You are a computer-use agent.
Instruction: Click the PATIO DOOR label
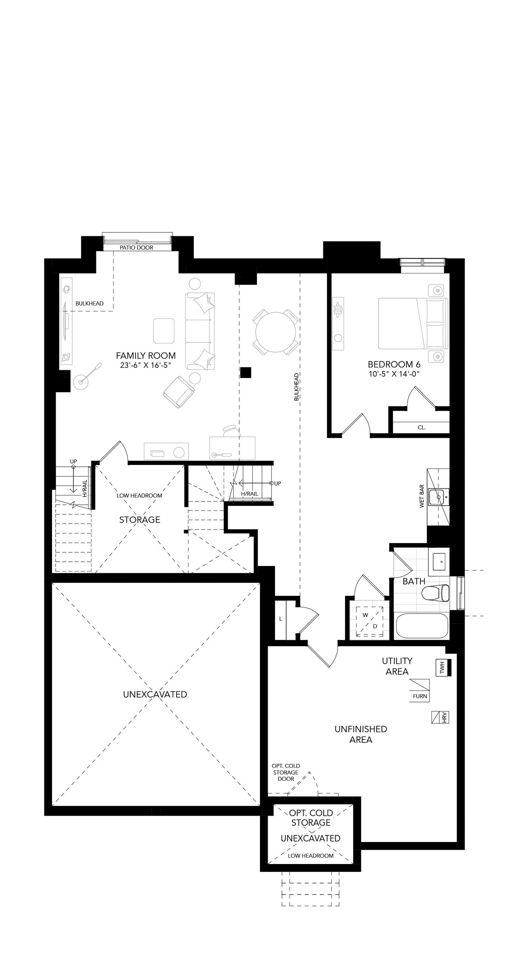(x=136, y=248)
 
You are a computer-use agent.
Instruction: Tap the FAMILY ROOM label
(x=146, y=356)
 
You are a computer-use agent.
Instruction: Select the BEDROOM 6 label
(x=394, y=364)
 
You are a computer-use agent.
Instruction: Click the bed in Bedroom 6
(x=413, y=323)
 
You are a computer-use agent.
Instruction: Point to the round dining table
(x=276, y=332)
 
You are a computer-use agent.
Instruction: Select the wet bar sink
(x=439, y=497)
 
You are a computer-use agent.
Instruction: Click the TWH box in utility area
(x=443, y=668)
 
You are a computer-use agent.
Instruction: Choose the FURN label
(x=420, y=696)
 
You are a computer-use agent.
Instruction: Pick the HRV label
(x=444, y=717)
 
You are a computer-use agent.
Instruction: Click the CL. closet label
(x=422, y=428)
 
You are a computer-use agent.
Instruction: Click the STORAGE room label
(x=140, y=520)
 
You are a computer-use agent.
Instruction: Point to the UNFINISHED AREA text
(x=361, y=734)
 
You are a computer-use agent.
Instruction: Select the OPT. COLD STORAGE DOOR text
(x=286, y=772)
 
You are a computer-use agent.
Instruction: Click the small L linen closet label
(x=281, y=619)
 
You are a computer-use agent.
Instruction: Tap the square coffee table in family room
(x=164, y=331)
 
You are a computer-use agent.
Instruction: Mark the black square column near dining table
(x=245, y=372)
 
